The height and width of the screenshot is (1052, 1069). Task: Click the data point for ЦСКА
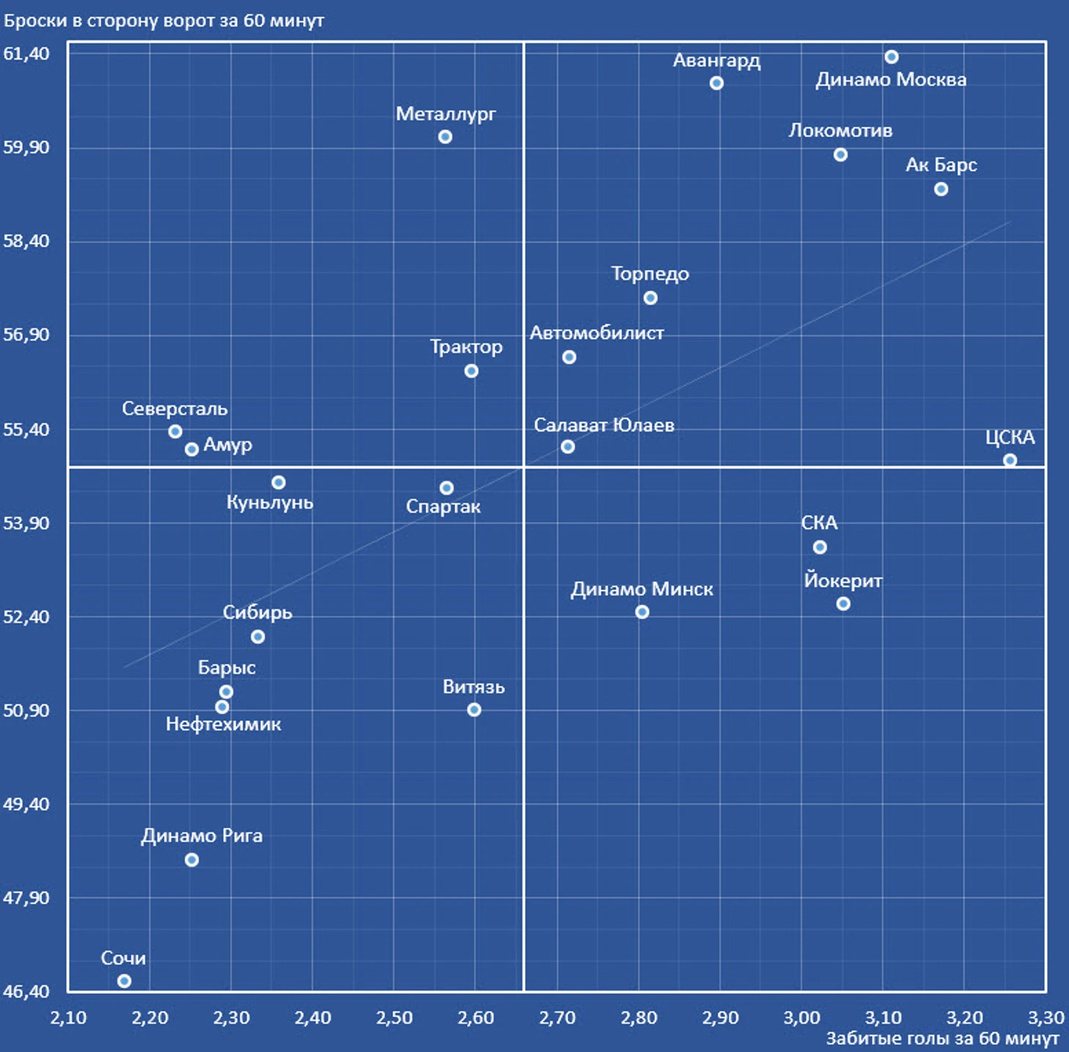tap(1010, 460)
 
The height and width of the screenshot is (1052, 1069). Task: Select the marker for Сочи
tap(124, 981)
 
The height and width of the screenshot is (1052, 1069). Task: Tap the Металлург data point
tap(445, 137)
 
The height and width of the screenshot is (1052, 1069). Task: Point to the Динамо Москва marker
tap(891, 57)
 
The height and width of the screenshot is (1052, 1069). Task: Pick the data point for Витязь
tap(474, 709)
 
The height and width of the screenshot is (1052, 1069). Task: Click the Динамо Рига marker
tap(192, 860)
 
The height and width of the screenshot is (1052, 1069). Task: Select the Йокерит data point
tap(843, 604)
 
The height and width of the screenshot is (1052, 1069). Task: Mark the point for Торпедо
tap(650, 298)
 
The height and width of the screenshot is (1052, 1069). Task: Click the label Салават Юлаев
tap(604, 425)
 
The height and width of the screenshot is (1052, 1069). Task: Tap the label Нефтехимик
tap(223, 725)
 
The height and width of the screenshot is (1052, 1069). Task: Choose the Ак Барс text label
tap(941, 165)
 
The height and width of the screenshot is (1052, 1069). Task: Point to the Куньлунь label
tap(269, 503)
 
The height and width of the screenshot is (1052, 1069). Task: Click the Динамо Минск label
tap(642, 589)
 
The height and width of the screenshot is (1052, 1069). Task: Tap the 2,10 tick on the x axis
tap(68, 1018)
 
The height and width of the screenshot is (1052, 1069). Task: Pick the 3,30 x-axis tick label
tap(1046, 1018)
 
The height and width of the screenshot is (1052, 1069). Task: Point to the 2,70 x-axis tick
tap(557, 1018)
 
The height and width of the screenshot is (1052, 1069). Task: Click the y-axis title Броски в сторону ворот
tap(164, 20)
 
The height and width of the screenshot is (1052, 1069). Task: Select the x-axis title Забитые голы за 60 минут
tap(942, 1039)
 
